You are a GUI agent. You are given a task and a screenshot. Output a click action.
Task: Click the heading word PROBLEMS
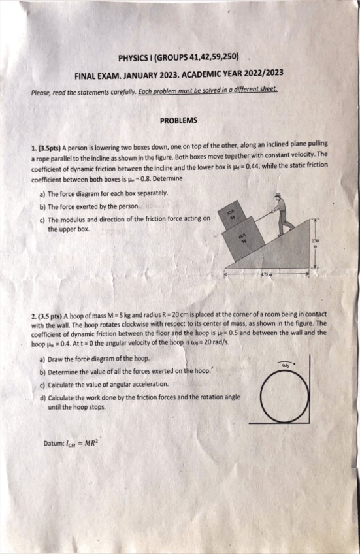(178, 120)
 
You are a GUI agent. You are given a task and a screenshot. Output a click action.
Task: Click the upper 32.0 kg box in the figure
(231, 215)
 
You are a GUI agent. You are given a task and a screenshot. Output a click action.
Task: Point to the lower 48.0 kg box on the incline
(242, 240)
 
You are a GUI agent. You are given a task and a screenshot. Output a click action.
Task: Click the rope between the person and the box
(261, 216)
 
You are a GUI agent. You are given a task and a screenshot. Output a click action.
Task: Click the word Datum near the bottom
(53, 443)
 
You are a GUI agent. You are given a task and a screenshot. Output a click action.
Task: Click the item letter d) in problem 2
(42, 397)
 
